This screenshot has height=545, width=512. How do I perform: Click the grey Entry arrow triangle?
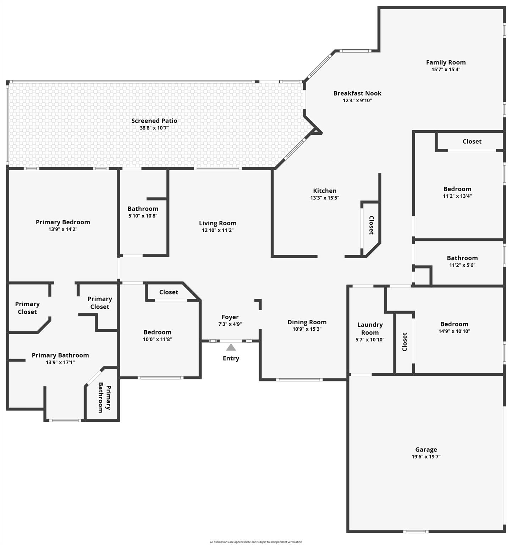231,347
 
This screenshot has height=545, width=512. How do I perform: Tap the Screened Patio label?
154,121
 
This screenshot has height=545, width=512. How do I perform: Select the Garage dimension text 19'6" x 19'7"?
426,457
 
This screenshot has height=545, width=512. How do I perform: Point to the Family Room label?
446,62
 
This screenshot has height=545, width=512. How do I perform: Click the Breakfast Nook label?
357,93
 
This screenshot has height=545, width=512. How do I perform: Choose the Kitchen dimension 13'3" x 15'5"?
325,198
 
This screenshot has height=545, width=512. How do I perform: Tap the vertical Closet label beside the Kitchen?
371,225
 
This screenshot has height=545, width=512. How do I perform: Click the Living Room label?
218,223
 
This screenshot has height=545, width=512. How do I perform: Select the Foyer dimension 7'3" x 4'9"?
230,324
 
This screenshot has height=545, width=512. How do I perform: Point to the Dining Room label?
307,322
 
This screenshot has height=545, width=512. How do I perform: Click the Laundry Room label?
370,329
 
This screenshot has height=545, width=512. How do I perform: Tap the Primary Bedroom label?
63,222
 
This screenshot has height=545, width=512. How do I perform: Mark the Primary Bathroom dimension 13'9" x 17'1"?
60,362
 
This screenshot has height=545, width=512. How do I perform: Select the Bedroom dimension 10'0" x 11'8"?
157,339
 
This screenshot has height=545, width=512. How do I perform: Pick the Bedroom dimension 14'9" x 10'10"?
454,331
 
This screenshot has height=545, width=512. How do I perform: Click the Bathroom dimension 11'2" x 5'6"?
462,265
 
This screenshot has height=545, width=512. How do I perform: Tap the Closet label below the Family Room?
472,142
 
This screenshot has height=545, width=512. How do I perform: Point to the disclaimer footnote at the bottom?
256,542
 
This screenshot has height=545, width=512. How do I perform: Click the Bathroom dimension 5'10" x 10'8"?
143,216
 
